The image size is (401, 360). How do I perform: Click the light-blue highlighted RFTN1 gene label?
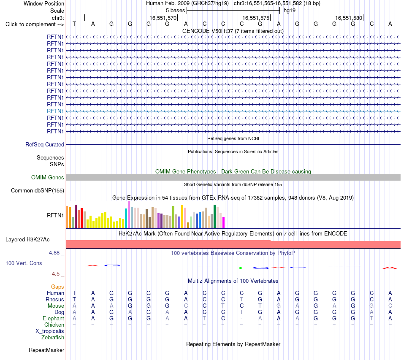coord(55,111)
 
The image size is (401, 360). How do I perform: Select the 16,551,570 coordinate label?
coord(163,18)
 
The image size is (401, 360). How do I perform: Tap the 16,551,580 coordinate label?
coord(349,18)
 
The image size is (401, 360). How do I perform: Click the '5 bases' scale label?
coord(176,11)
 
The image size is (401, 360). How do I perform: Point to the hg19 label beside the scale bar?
coord(290,11)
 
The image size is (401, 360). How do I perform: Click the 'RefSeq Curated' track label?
coord(45,144)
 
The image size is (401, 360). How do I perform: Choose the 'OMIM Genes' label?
coord(48,177)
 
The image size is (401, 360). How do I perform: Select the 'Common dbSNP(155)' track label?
coord(38,190)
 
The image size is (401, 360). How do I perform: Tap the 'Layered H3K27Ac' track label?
coord(27,240)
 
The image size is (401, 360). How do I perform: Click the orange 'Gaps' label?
coord(57,287)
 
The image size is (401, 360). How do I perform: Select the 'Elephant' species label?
coord(54,318)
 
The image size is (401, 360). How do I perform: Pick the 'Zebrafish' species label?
coord(53,338)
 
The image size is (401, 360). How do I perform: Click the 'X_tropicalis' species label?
coord(50,331)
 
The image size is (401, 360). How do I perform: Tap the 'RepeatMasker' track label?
coord(46,350)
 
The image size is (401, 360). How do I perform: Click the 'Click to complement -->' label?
coord(35,24)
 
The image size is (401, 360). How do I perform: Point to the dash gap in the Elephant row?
coord(241,319)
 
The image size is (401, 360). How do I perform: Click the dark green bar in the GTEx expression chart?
coord(214,217)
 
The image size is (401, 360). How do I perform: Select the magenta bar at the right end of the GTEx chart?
coord(224,222)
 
